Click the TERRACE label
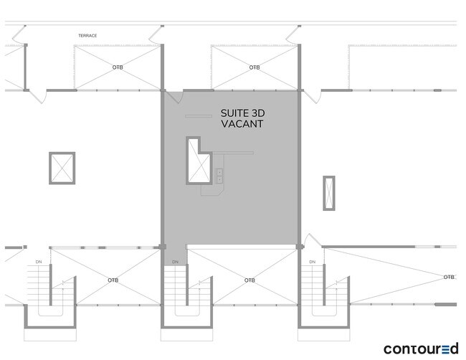click(87, 35)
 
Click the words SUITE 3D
click(242, 113)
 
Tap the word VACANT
click(242, 124)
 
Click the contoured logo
click(421, 349)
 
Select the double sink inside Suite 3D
click(219, 174)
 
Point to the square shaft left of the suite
click(62, 168)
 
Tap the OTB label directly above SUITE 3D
click(255, 67)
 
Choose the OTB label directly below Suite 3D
click(249, 280)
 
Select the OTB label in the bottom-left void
click(113, 280)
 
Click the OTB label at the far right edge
click(449, 277)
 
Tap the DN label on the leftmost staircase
click(39, 262)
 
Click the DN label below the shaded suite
click(175, 262)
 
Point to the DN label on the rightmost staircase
click(313, 262)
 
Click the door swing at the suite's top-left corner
click(173, 98)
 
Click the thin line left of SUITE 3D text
click(198, 115)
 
